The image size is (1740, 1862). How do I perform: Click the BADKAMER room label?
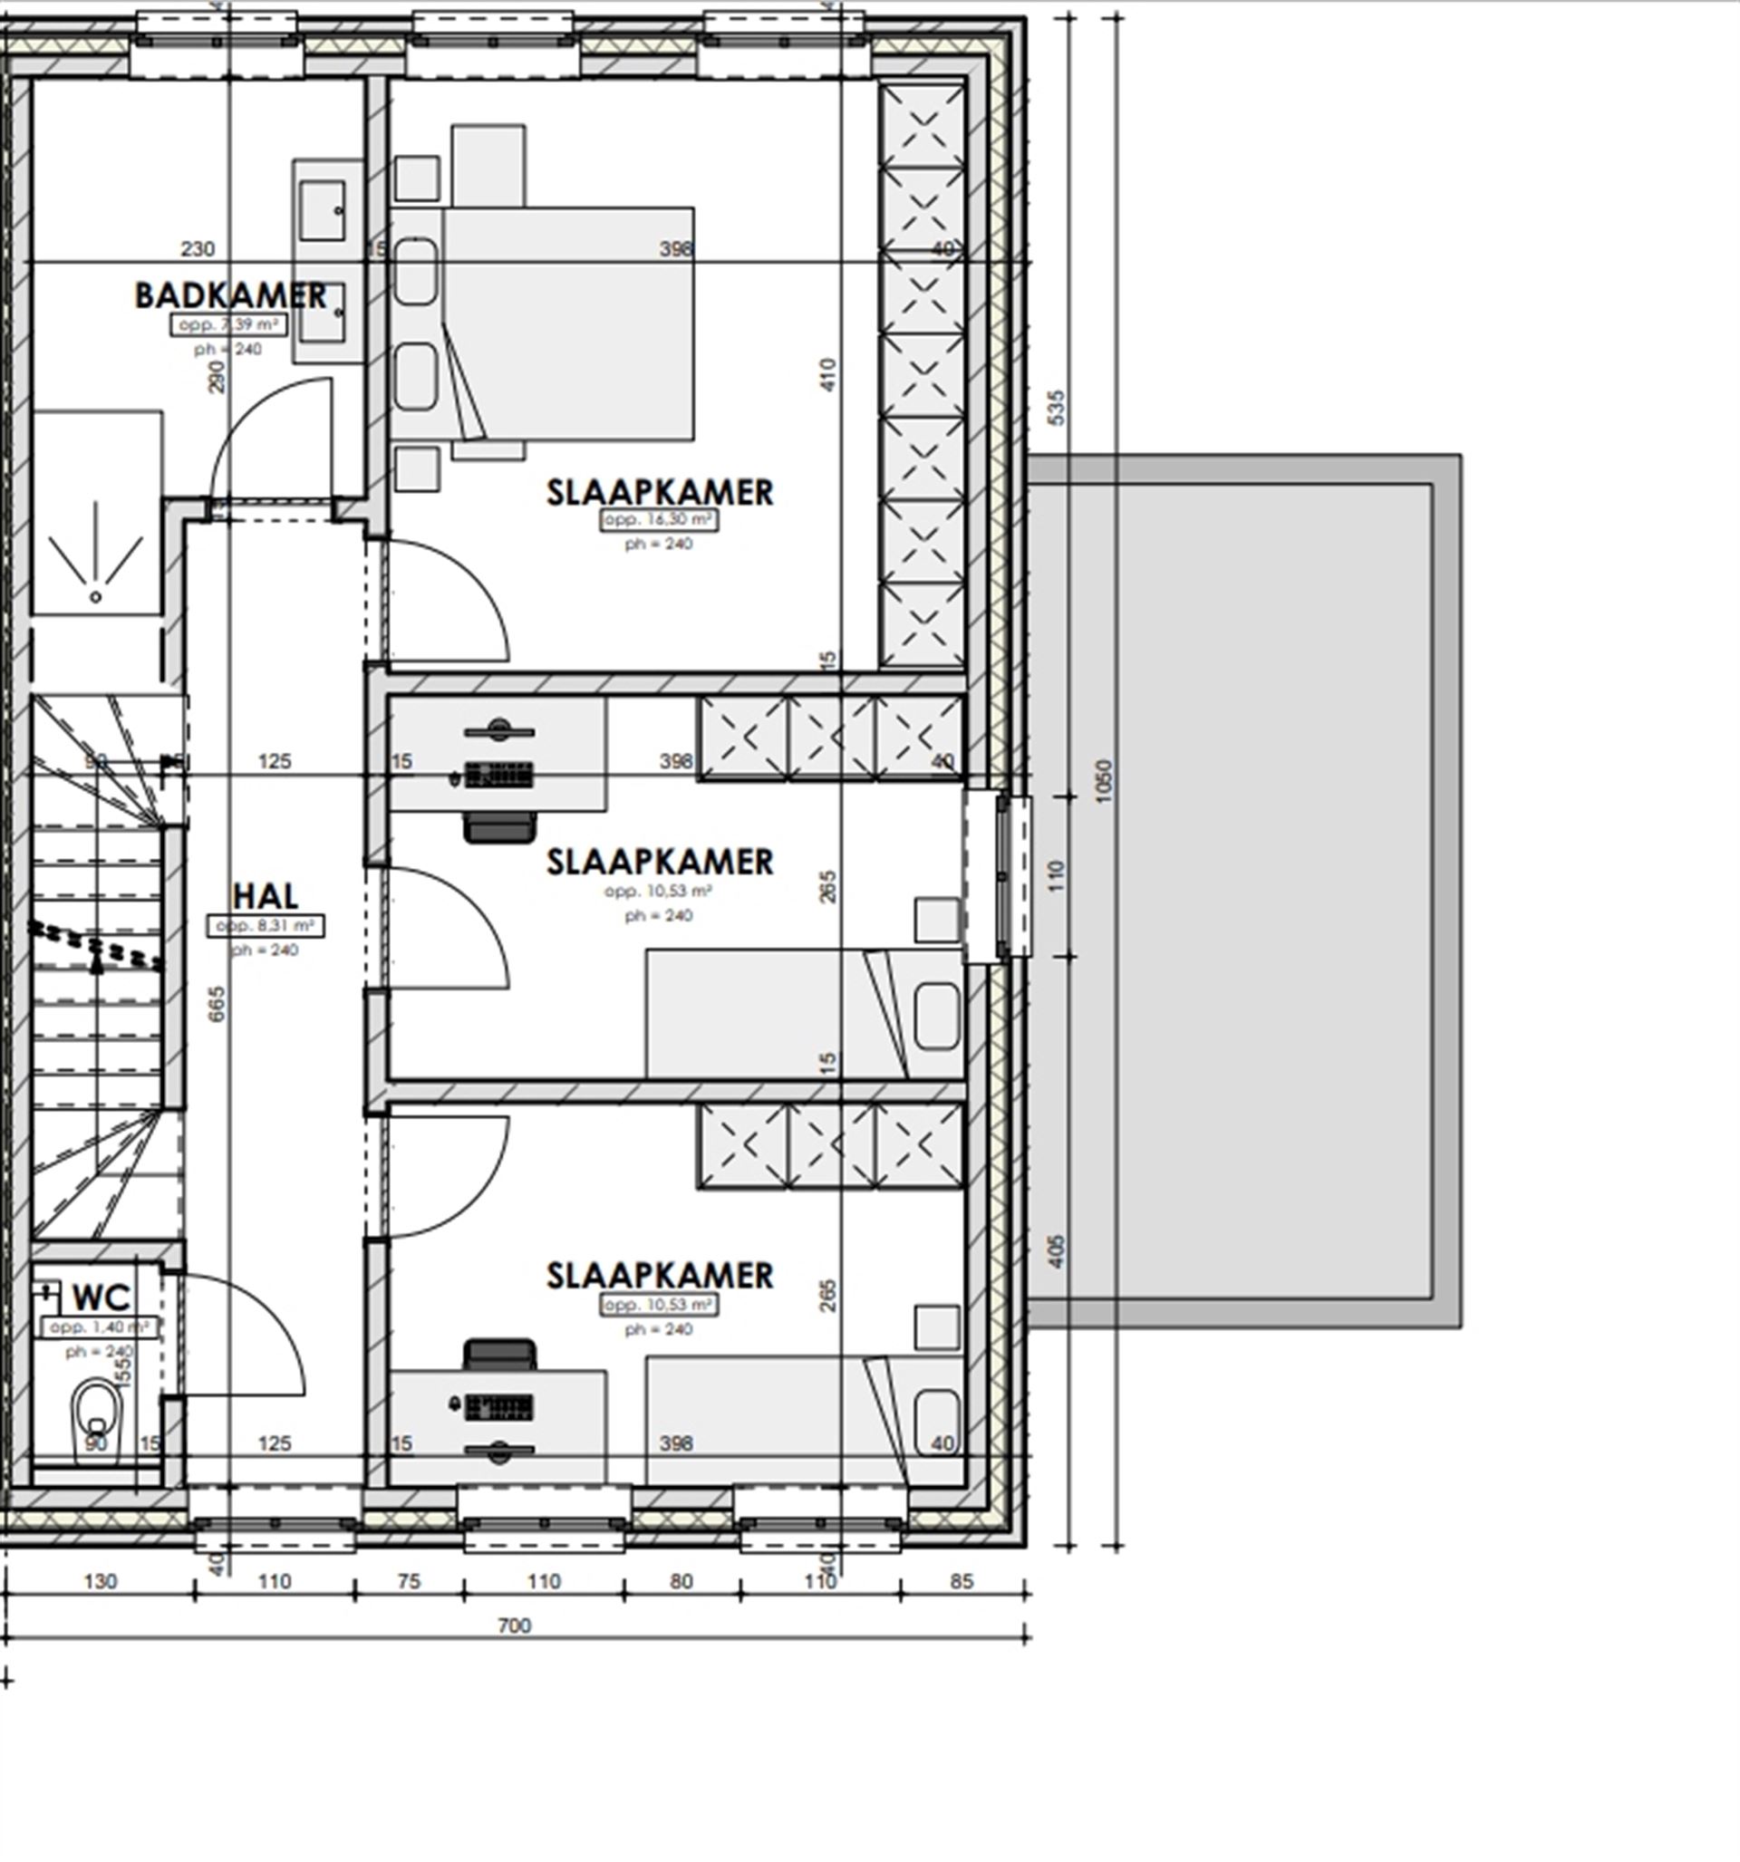[x=230, y=296]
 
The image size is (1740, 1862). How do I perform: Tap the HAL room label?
[x=266, y=895]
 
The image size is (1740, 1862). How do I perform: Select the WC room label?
[x=101, y=1298]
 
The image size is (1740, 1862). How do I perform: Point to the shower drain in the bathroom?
[x=95, y=596]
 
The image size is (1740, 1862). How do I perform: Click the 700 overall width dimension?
[x=515, y=1625]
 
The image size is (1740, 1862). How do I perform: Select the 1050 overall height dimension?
[x=1103, y=779]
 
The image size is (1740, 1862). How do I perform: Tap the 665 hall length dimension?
[x=217, y=1004]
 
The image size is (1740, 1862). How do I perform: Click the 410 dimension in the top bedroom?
[x=827, y=374]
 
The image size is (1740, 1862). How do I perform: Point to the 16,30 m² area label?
[x=660, y=520]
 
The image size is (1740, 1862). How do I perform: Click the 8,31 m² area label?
[x=266, y=925]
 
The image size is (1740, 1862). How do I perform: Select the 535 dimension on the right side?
[x=1056, y=408]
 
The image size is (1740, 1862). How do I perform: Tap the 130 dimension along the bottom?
[x=101, y=1581]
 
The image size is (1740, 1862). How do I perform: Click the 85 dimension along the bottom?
[x=962, y=1581]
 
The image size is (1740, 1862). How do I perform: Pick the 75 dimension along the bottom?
[x=410, y=1581]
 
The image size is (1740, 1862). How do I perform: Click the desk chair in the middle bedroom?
[x=501, y=828]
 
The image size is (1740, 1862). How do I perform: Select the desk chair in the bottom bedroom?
[x=501, y=1354]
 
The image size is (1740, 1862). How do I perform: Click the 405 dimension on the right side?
[x=1056, y=1250]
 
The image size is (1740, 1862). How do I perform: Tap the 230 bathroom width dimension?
[x=197, y=249]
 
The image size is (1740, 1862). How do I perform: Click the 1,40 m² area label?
[x=100, y=1327]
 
